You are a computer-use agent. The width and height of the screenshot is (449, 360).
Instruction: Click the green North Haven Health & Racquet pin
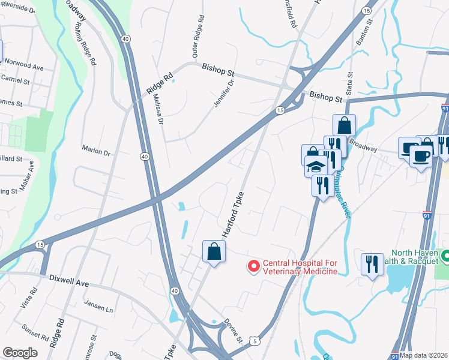(x=445, y=256)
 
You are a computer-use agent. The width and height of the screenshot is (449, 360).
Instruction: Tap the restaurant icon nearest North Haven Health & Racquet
(x=372, y=264)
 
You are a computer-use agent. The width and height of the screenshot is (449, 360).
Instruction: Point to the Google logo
(x=20, y=353)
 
